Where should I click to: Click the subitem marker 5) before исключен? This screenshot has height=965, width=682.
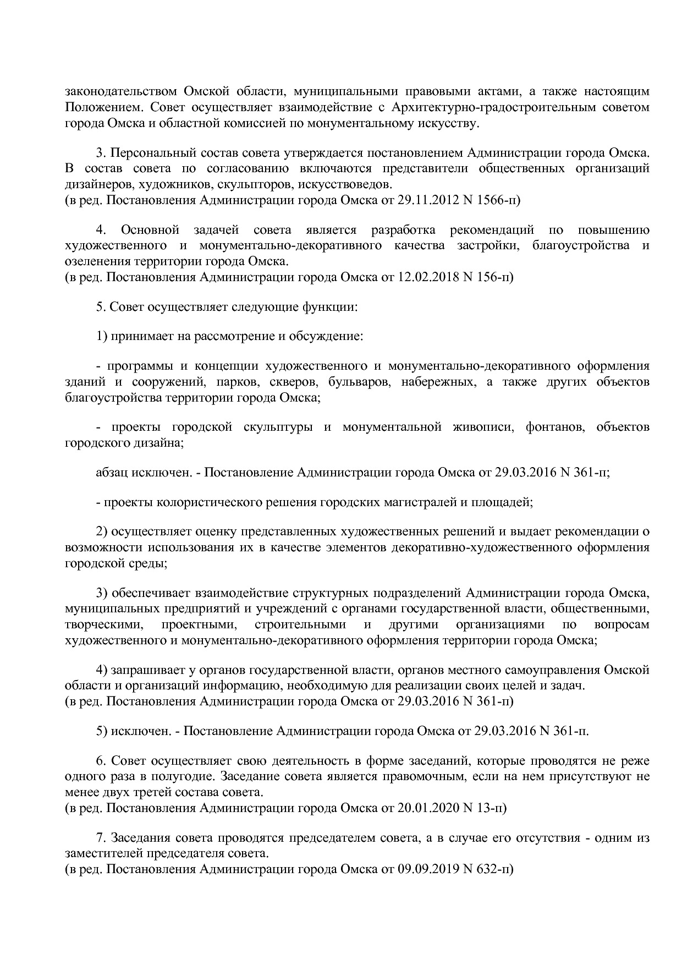pyautogui.click(x=102, y=731)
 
